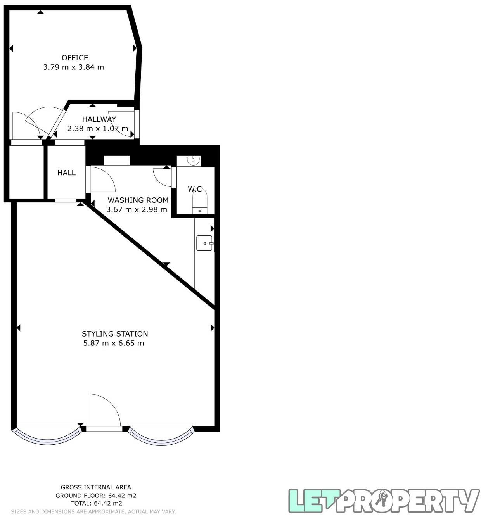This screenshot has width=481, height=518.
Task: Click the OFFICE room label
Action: pyautogui.click(x=75, y=58)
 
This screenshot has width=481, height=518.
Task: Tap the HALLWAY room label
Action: pyautogui.click(x=99, y=119)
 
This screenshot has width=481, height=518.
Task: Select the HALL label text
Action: pyautogui.click(x=66, y=173)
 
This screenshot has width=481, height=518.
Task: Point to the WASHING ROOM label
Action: pyautogui.click(x=138, y=200)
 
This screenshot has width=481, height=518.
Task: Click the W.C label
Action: pyautogui.click(x=195, y=189)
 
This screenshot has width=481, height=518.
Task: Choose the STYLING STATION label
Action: pyautogui.click(x=115, y=334)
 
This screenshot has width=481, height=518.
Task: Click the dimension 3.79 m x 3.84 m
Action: pyautogui.click(x=74, y=67)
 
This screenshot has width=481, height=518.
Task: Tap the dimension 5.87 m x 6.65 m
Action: pyautogui.click(x=114, y=343)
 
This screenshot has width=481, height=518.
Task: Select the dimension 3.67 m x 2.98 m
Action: pyautogui.click(x=137, y=210)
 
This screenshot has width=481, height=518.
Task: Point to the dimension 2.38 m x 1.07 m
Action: pyautogui.click(x=98, y=128)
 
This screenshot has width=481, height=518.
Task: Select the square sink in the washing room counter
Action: pyautogui.click(x=204, y=243)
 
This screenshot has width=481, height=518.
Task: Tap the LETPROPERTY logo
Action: pyautogui.click(x=383, y=501)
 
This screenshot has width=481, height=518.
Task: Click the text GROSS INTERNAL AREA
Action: pyautogui.click(x=96, y=487)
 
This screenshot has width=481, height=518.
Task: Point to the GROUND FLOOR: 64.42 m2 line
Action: pyautogui.click(x=96, y=496)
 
